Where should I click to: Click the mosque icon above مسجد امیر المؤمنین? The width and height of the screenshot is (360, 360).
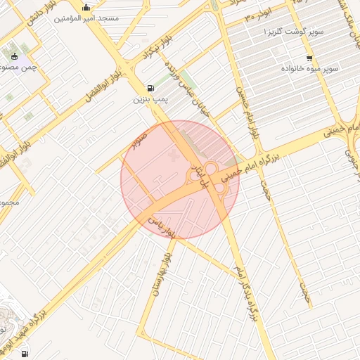tap(86, 8)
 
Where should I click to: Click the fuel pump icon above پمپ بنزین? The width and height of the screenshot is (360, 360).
tap(150, 89)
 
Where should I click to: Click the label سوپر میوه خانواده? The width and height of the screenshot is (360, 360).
tap(310, 69)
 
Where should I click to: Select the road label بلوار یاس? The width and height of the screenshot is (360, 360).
tap(162, 225)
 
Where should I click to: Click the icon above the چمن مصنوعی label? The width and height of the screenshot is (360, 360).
tap(15, 56)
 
